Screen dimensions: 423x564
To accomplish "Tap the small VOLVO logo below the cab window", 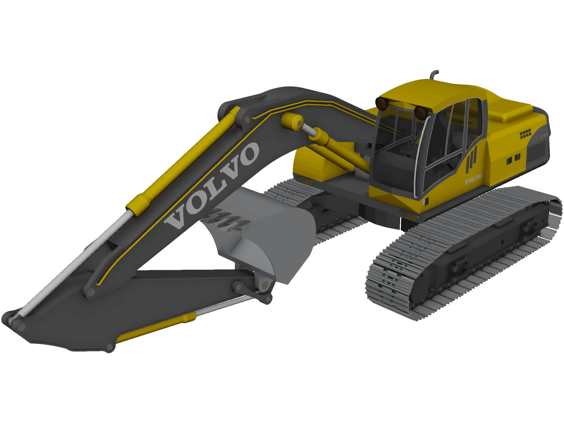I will pos(473,179).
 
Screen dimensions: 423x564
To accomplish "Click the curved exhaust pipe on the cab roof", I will pos(433,74).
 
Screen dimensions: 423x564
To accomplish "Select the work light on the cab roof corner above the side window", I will pos(420,112).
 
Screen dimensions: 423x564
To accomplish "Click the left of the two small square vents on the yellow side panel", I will pos(509,161).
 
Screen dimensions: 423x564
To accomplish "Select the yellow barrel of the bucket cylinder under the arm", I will pos(155,327).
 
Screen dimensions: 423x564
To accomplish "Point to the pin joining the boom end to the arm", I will pos(91,292).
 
